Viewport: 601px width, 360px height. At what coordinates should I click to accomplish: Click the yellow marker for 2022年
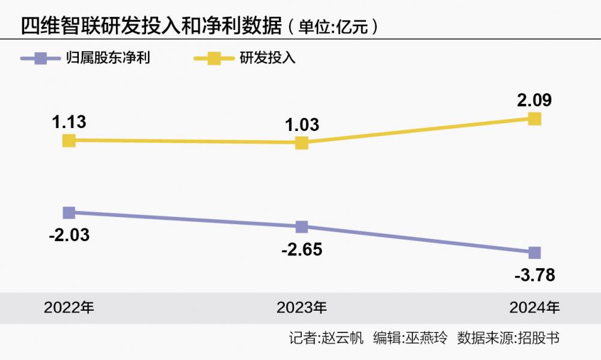pos(69,141)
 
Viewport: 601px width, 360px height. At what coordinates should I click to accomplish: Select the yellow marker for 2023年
pos(302,143)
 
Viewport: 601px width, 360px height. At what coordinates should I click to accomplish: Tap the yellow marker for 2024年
pos(534,119)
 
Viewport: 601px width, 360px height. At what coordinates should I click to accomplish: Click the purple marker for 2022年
pos(69,213)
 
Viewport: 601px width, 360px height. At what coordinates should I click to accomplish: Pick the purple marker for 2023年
pos(302,227)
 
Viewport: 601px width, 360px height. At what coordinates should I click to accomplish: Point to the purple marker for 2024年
pos(534,252)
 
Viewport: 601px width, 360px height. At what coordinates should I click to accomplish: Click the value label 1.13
pos(69,122)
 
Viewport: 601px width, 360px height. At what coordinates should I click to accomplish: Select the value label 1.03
pos(301,124)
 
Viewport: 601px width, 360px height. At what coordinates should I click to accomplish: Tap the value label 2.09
pos(534,100)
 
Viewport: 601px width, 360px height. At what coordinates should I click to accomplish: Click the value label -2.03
pos(69,235)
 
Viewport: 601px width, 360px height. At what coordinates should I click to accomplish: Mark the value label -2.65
pos(302,249)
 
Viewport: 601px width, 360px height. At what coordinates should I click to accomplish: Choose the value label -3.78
pos(534,275)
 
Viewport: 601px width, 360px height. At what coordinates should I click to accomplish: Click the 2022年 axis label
pos(69,308)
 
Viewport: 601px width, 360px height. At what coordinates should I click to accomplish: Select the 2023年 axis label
pos(302,308)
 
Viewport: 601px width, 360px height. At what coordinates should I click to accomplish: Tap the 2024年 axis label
pos(534,308)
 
